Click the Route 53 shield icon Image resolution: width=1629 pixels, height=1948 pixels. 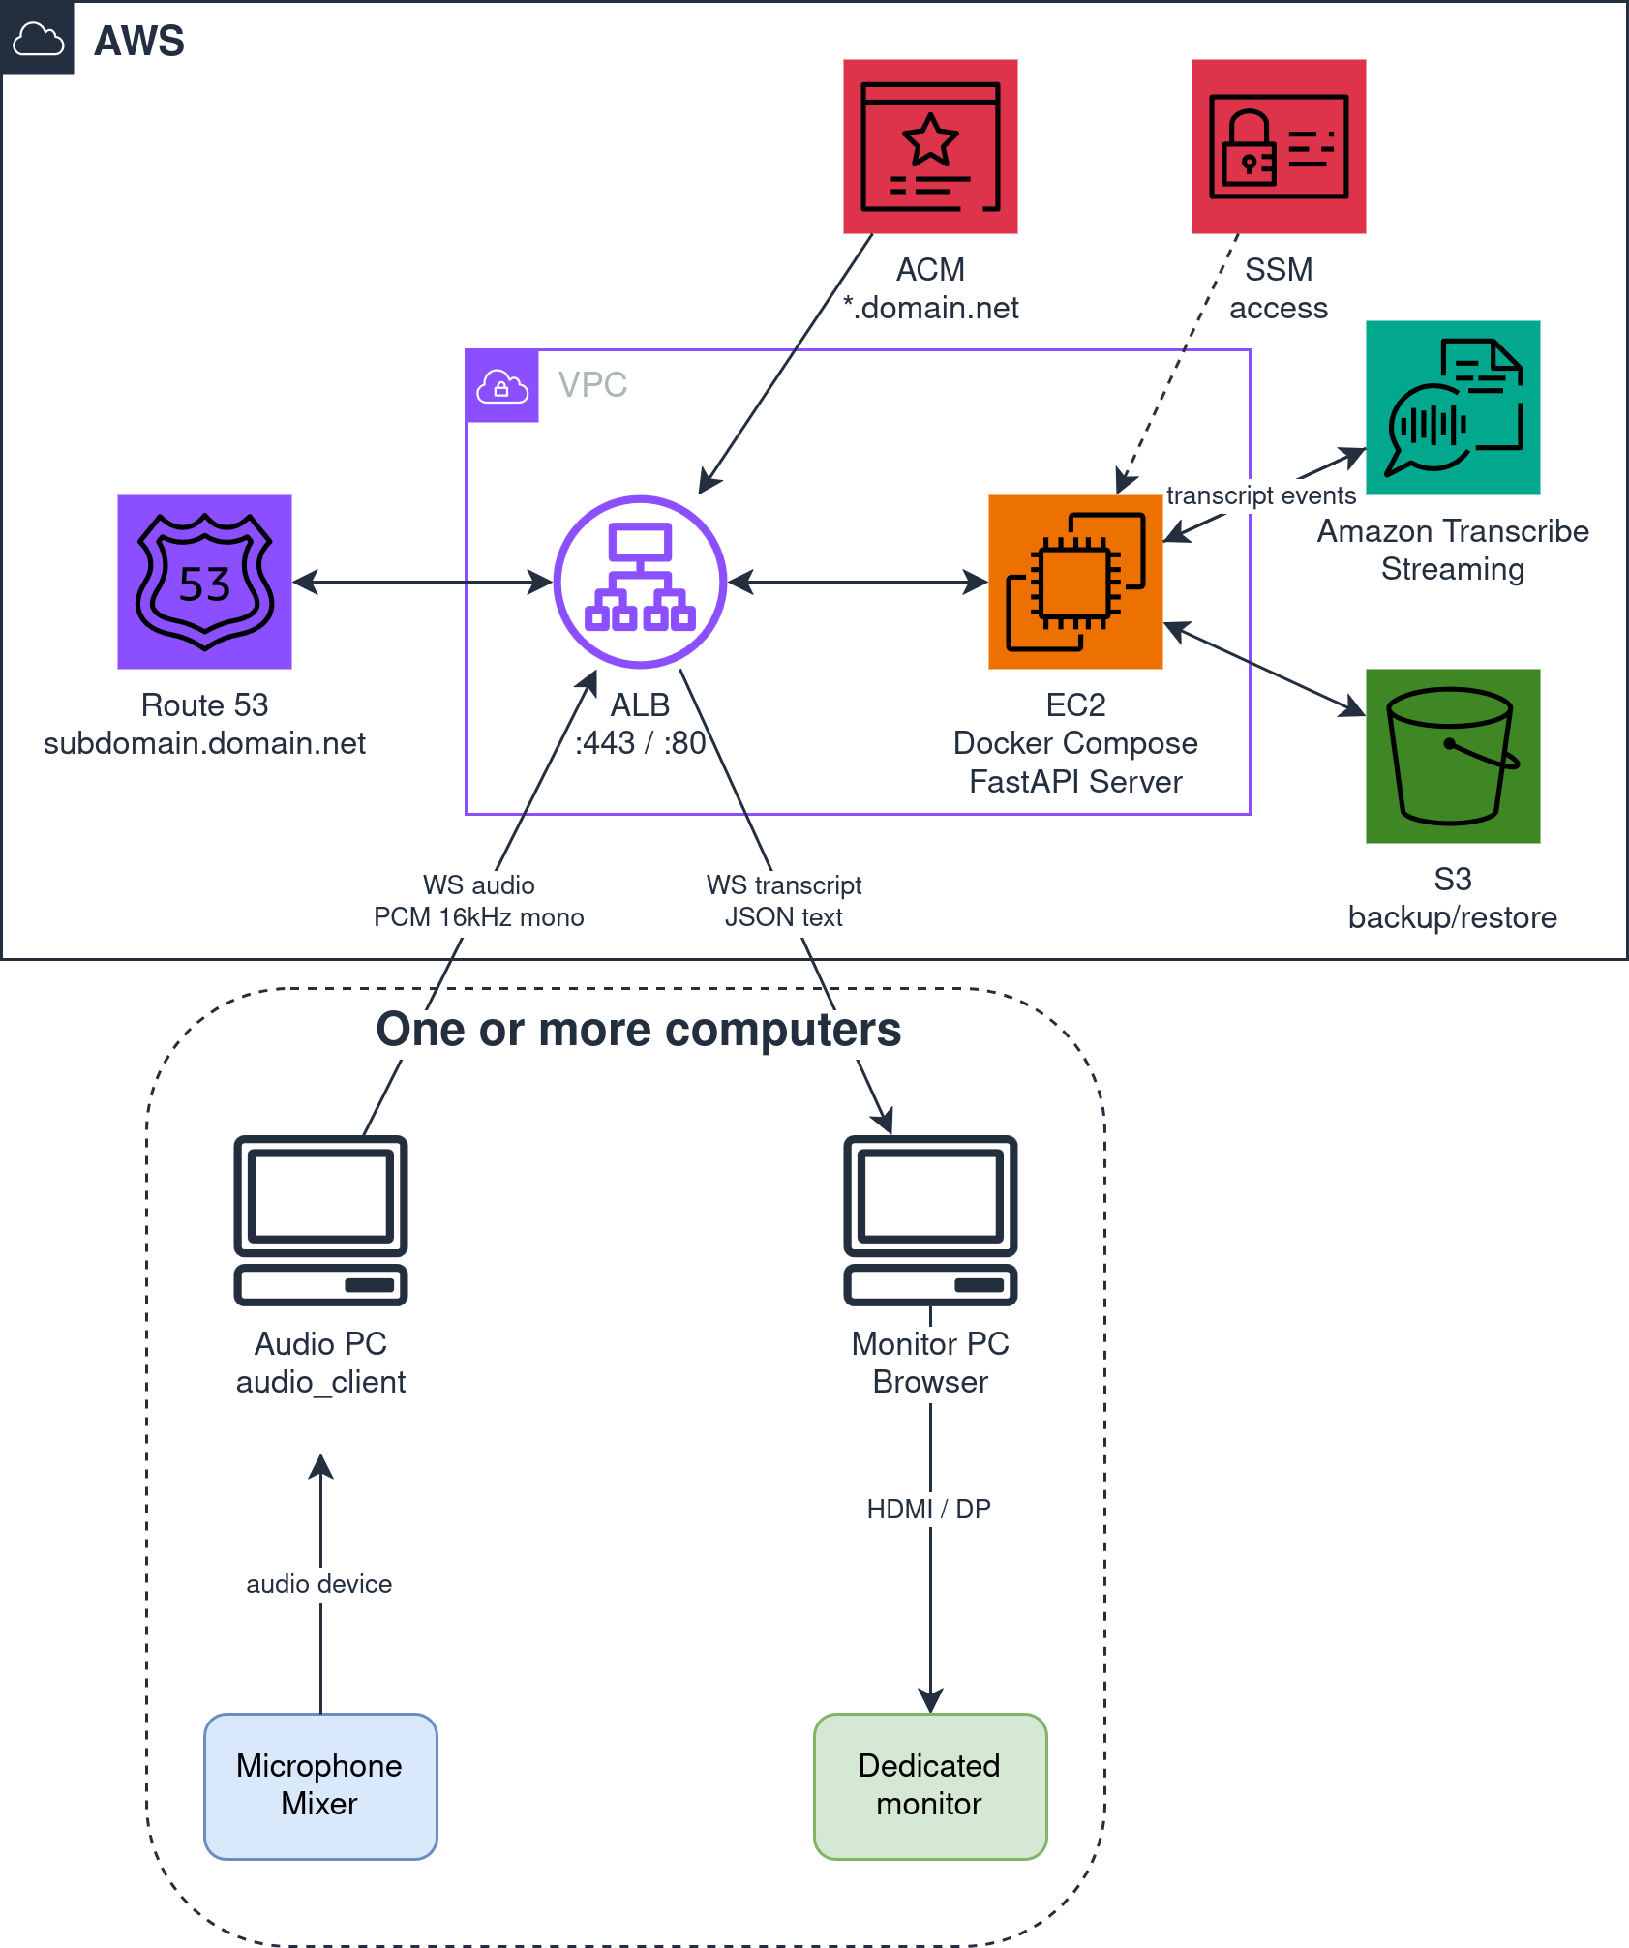(204, 582)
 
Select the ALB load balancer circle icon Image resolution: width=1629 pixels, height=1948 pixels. (640, 582)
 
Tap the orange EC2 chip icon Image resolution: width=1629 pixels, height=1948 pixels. (1075, 582)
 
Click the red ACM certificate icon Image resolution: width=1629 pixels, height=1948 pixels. (930, 146)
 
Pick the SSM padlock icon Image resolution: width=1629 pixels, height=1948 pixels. (1279, 146)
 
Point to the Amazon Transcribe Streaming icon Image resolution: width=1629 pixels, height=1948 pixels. (1453, 407)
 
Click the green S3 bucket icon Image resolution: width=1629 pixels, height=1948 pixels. (1453, 756)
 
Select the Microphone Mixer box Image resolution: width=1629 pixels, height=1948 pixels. (320, 1785)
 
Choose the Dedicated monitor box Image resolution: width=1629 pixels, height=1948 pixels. (930, 1785)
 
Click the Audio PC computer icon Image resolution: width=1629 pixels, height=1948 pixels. (320, 1220)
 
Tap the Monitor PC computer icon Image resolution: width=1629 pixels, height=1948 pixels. (930, 1220)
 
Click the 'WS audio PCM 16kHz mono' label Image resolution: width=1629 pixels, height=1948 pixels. (480, 903)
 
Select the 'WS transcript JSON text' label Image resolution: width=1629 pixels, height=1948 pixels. (785, 903)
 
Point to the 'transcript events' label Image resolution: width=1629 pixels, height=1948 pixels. (1262, 496)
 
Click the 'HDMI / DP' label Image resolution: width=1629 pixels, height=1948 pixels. (929, 1509)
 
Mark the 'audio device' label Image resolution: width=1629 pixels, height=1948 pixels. (320, 1584)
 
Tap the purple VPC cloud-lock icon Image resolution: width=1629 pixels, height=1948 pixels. (502, 386)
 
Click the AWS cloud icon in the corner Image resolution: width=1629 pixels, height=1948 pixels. (38, 39)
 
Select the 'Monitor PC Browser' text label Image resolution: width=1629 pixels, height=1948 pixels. (930, 1364)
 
